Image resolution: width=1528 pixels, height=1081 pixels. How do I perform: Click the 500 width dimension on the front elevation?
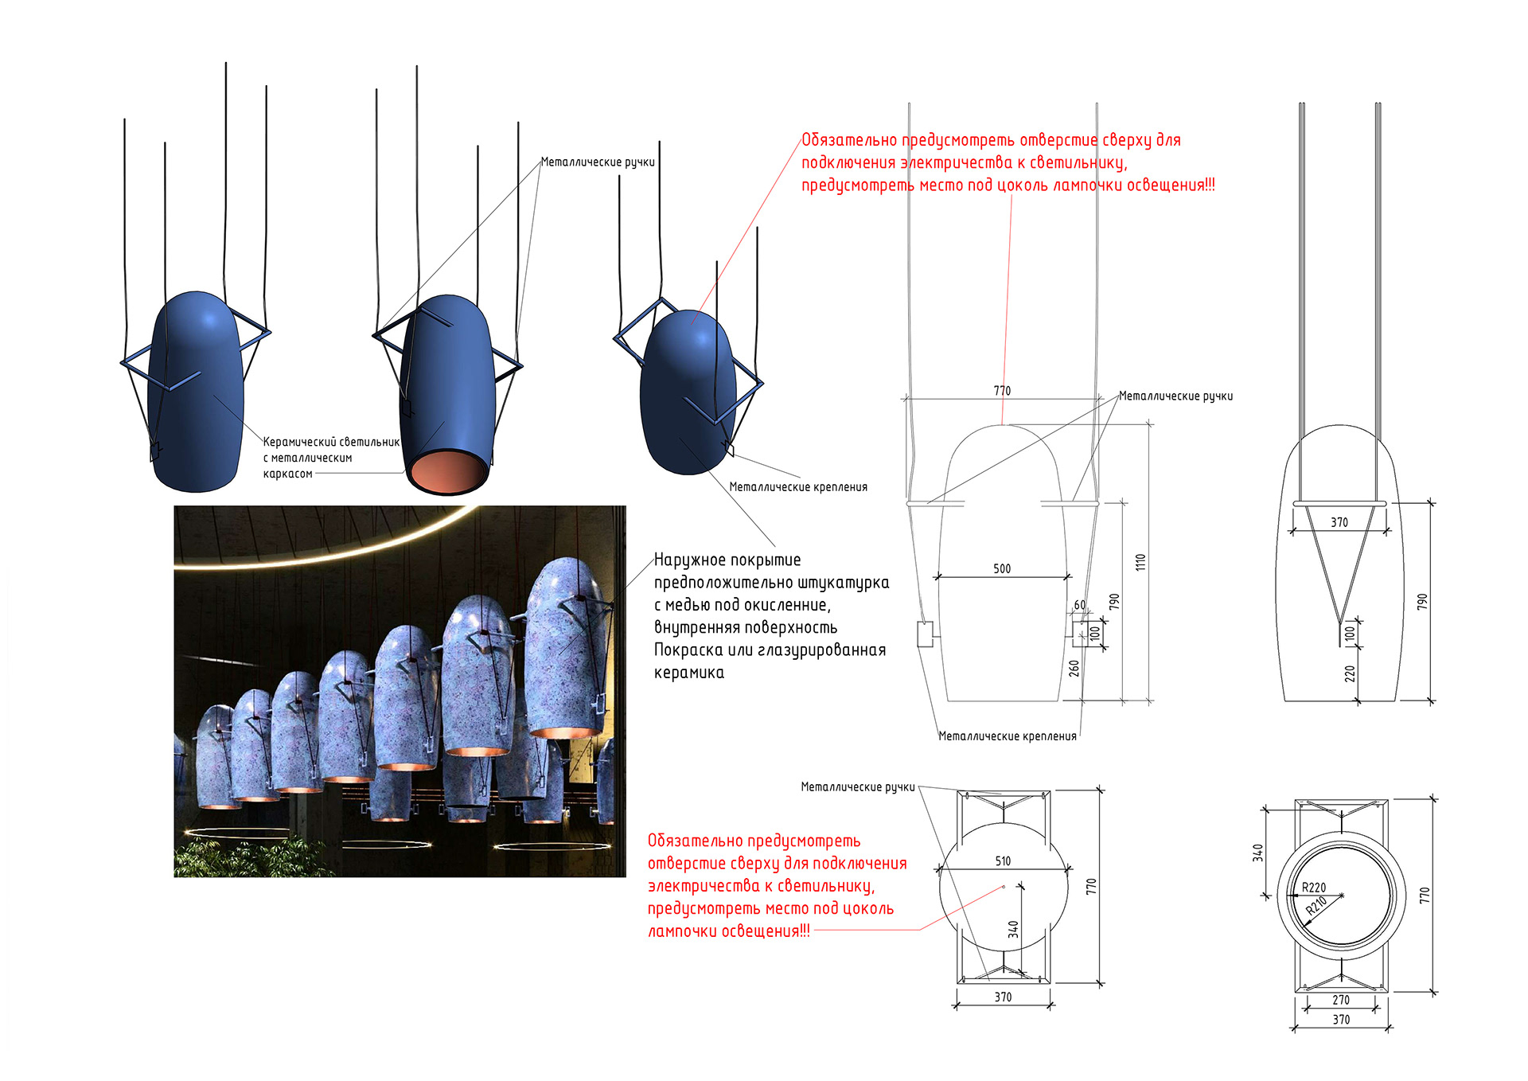point(1002,568)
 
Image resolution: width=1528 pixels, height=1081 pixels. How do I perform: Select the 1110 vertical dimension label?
point(1140,562)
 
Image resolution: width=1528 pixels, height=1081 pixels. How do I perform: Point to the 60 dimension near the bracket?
point(1080,605)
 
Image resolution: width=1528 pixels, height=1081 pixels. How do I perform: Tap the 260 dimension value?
point(1074,668)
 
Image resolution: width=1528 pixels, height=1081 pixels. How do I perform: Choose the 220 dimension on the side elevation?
point(1350,673)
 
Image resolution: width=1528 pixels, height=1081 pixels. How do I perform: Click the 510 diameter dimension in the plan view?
point(1003,861)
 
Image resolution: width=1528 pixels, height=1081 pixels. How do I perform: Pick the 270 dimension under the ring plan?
point(1341,1000)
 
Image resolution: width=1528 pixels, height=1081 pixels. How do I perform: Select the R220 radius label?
point(1314,888)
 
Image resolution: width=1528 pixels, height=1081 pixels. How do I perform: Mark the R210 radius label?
point(1316,906)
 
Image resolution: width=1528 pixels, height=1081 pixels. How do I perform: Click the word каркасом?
point(287,474)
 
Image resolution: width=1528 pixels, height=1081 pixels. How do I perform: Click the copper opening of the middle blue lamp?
point(448,470)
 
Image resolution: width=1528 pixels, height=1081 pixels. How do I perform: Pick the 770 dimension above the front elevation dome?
point(1002,391)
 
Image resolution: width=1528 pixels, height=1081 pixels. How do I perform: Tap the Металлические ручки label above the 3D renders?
point(598,162)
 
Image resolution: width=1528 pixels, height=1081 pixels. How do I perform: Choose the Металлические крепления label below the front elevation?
point(1008,736)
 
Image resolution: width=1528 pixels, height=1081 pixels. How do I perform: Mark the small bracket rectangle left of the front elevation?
point(925,634)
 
